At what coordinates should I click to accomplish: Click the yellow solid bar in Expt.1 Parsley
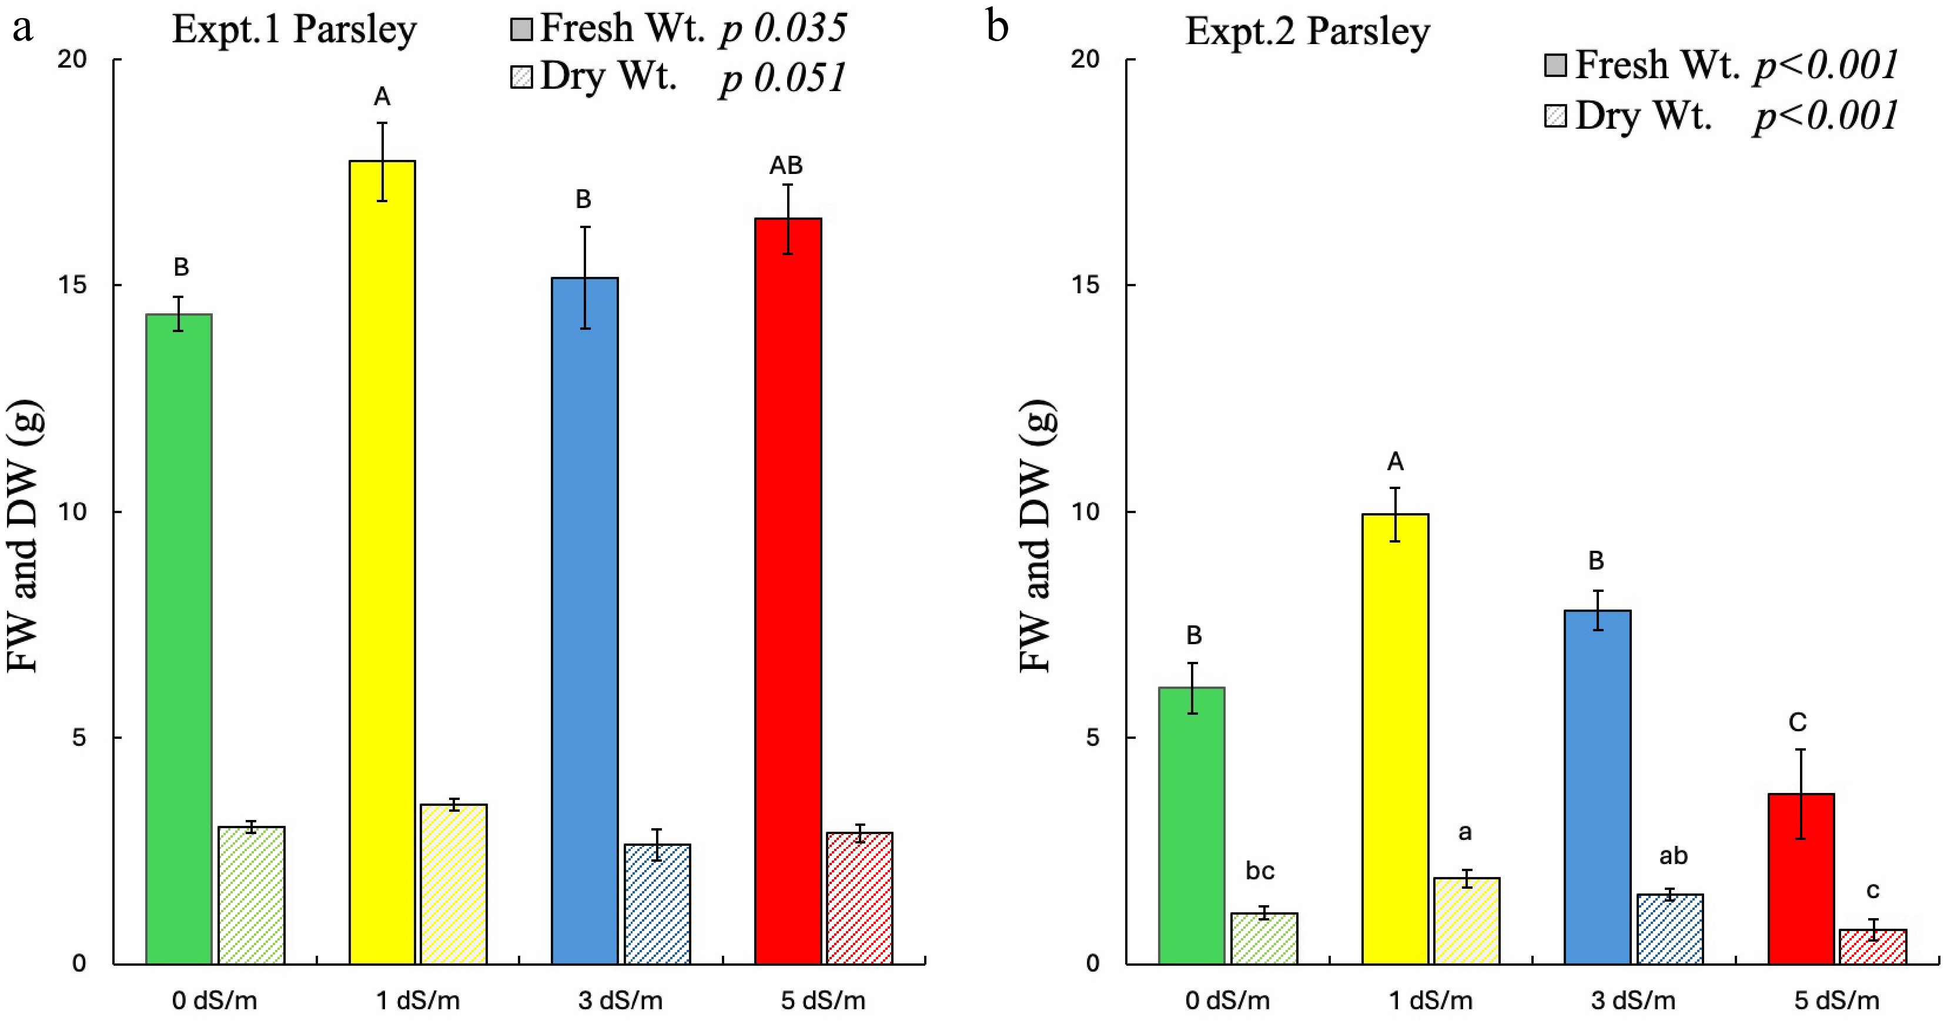tap(382, 562)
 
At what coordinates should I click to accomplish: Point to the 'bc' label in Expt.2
tap(1260, 871)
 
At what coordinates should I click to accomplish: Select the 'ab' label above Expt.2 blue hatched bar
tap(1673, 856)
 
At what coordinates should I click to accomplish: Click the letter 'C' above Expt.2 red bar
tap(1798, 723)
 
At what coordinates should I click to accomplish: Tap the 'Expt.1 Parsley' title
tap(295, 30)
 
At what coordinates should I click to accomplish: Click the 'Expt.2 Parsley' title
tap(1307, 32)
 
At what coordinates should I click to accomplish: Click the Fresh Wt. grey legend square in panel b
tap(1555, 65)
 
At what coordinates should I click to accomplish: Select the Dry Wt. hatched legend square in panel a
tap(521, 77)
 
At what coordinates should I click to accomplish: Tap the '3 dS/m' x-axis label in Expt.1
tap(620, 1000)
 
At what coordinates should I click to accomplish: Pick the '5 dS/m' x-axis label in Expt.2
tap(1836, 1000)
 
